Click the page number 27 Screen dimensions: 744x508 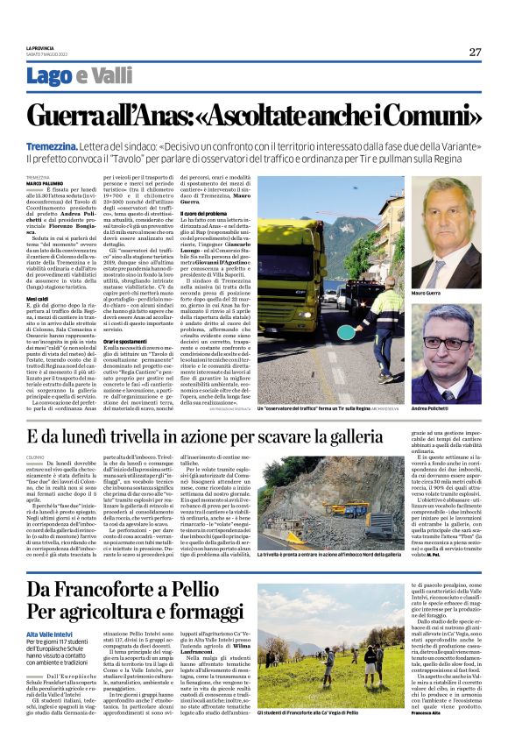pyautogui.click(x=474, y=52)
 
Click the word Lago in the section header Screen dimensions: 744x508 pyautogui.click(x=74, y=76)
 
